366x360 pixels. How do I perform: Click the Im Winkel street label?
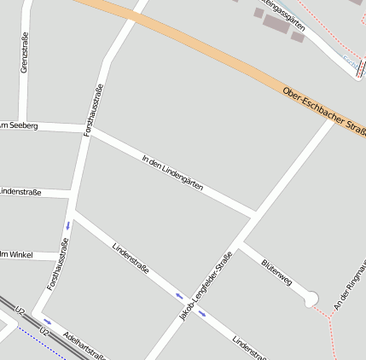17,253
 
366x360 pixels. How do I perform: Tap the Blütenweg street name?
277,271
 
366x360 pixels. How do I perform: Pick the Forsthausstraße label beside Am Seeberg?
94,110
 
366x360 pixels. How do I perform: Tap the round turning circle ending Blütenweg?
311,298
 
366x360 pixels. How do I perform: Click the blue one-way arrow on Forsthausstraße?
67,226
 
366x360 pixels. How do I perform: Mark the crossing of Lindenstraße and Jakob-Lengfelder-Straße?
191,305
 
